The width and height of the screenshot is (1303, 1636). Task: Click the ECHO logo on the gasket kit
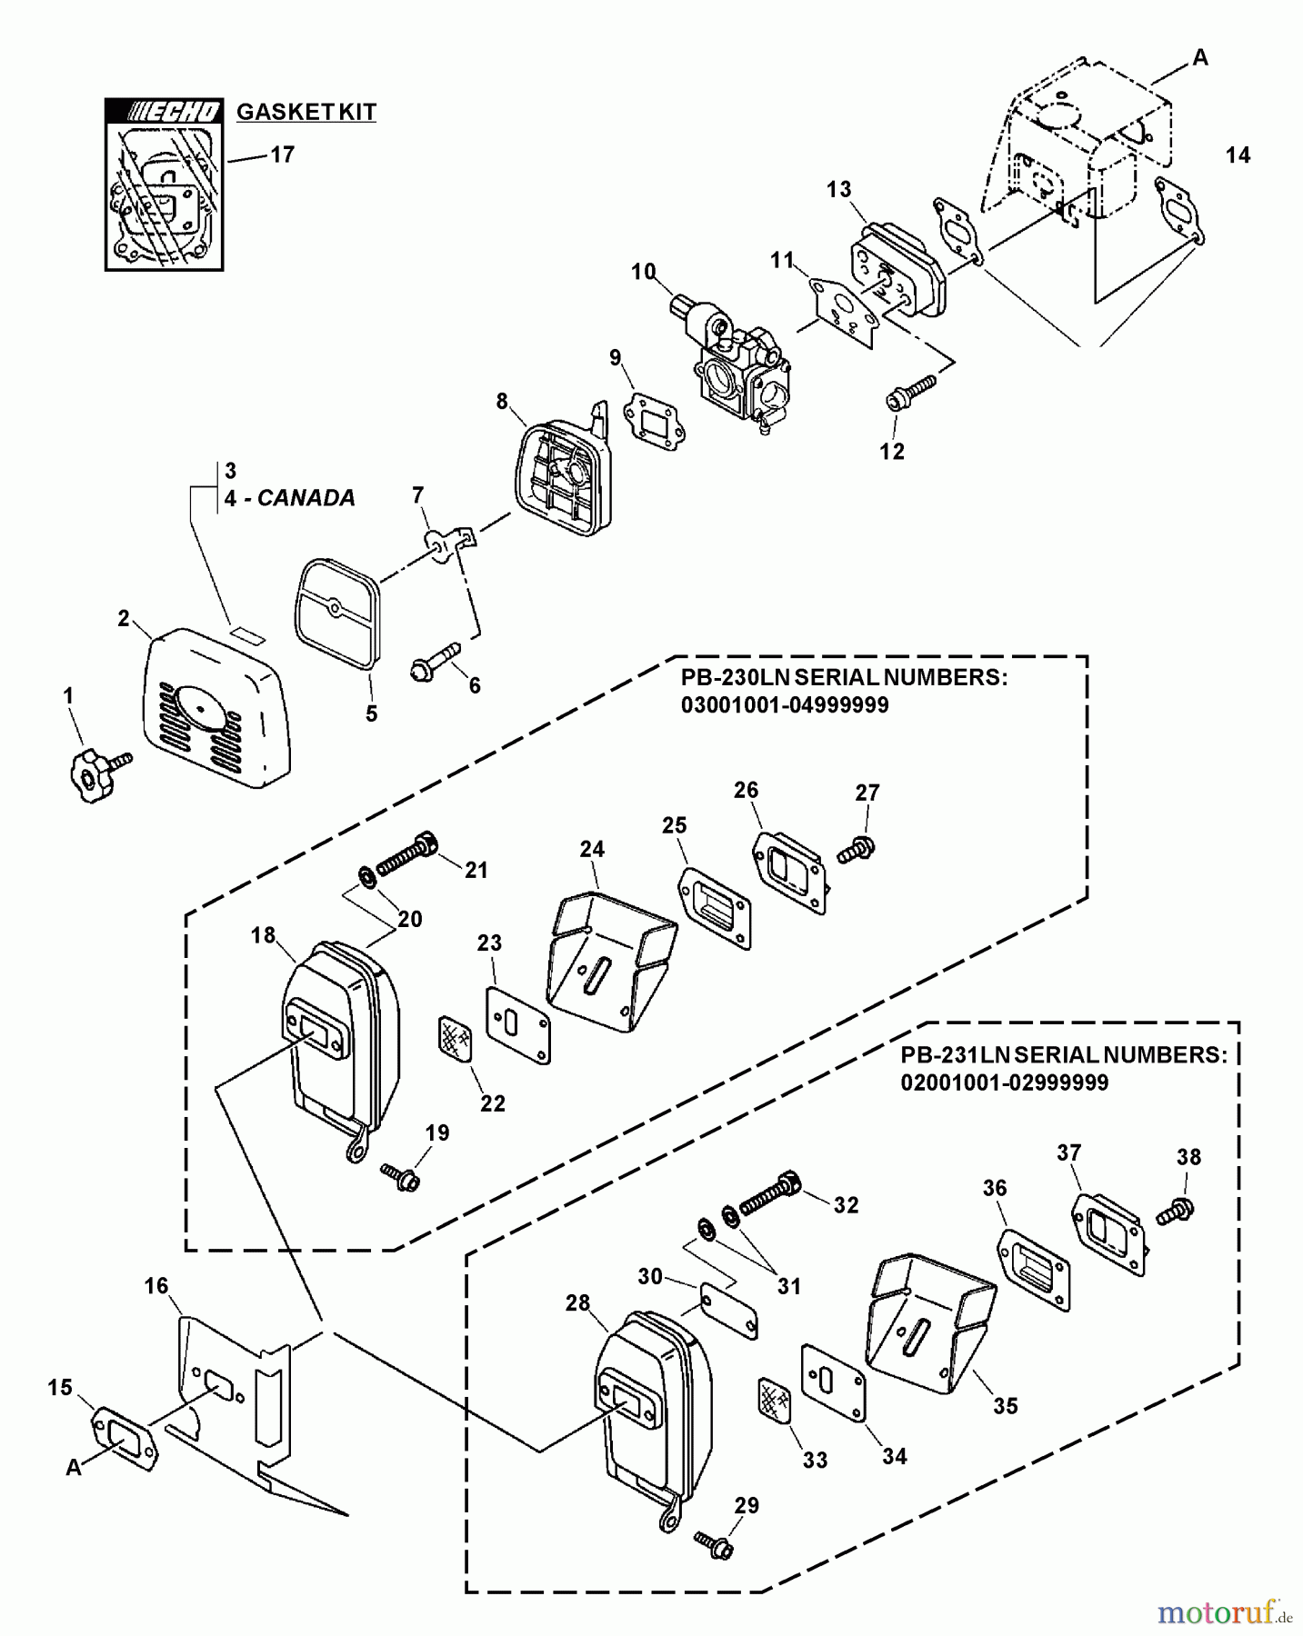point(164,111)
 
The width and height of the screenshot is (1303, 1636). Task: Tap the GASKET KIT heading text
point(306,112)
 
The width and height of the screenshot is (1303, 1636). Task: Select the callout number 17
point(282,155)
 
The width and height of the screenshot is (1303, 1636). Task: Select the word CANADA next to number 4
point(306,498)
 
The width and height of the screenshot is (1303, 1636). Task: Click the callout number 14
point(1237,155)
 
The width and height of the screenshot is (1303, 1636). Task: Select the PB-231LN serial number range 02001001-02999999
point(1004,1082)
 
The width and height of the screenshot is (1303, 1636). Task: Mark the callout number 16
point(155,1285)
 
